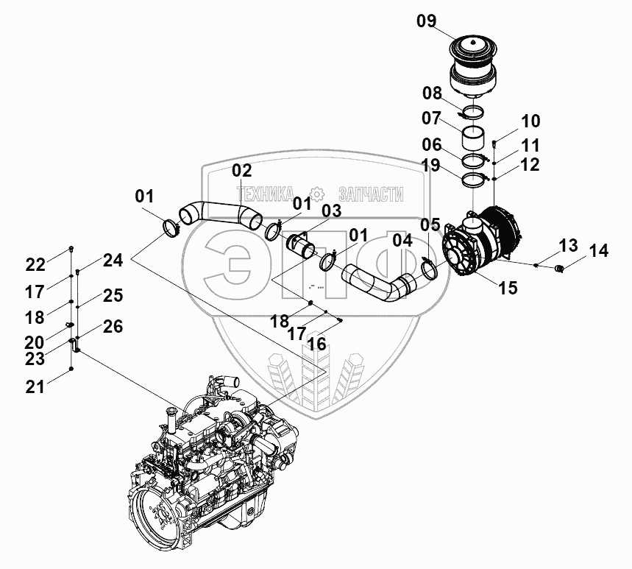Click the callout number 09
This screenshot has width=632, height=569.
click(x=427, y=21)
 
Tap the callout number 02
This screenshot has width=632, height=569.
click(x=242, y=171)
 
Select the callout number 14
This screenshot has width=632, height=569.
click(x=599, y=251)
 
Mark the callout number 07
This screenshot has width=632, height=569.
click(x=432, y=119)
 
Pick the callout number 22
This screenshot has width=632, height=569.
click(x=36, y=264)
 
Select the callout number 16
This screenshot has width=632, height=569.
click(x=317, y=343)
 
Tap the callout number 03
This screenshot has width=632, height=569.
click(x=332, y=212)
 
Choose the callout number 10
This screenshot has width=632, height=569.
click(x=530, y=121)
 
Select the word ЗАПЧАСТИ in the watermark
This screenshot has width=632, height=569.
click(x=366, y=194)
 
